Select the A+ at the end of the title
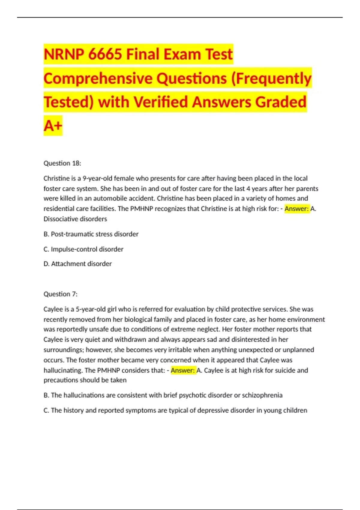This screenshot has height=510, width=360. coord(53,126)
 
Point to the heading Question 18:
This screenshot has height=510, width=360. coord(62,163)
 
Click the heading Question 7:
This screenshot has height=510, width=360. coord(60,294)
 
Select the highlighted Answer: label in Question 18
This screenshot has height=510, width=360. coord(296,209)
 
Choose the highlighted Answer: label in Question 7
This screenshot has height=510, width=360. coord(183,370)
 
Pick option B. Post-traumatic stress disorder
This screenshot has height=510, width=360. coord(91,234)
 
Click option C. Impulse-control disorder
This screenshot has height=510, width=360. coord(83,249)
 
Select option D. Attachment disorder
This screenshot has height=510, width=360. coord(77,264)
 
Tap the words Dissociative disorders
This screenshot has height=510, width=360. coord(75,219)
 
